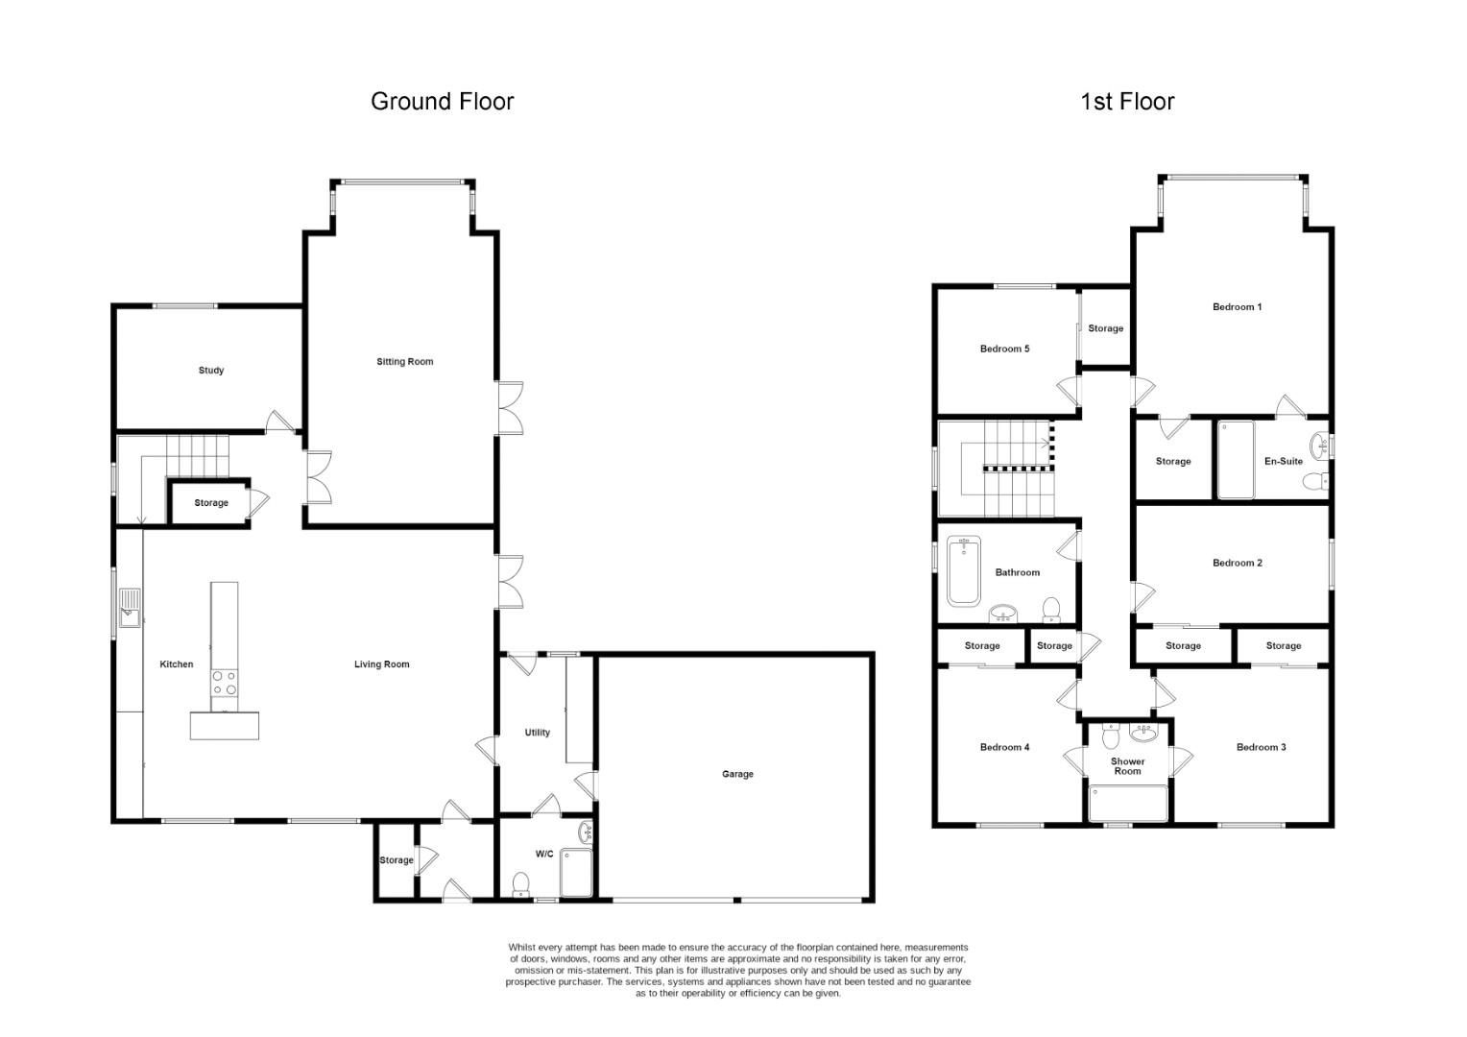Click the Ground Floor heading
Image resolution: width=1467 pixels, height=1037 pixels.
pos(442,102)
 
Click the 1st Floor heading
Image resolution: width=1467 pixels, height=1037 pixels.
pos(1127,102)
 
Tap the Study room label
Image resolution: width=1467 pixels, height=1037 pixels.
pos(211,370)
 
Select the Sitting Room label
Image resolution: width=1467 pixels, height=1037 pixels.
pos(405,362)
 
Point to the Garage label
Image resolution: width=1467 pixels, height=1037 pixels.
pos(737,774)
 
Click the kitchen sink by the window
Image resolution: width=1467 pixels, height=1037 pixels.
pos(130,608)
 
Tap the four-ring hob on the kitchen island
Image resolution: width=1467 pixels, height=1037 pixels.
pos(225,683)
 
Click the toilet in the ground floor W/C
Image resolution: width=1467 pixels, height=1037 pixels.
pos(520,884)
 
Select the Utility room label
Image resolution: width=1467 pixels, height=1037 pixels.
pos(537,733)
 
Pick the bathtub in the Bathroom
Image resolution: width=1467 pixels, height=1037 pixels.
pos(963,570)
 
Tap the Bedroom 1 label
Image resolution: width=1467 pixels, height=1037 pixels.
pos(1238,306)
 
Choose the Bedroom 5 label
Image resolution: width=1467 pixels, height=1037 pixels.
pos(1004,349)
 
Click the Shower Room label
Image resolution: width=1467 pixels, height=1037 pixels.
pos(1128,766)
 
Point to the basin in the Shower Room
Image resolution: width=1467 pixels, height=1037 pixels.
pos(1144,733)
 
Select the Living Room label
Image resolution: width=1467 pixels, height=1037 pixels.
pos(382,664)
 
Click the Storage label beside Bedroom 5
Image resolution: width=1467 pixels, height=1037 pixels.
pos(1105,328)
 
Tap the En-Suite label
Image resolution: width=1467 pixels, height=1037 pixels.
pos(1284,461)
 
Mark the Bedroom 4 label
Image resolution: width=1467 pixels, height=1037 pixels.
pos(1004,747)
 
